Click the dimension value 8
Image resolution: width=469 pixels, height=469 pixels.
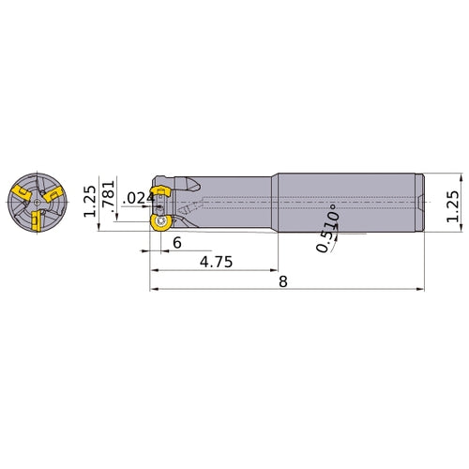(x=282, y=282)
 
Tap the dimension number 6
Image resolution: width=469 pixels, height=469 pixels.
(x=176, y=242)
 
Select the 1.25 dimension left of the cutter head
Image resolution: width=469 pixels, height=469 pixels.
(x=90, y=198)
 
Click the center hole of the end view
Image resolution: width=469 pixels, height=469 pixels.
(x=35, y=200)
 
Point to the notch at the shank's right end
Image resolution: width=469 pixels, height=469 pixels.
(x=421, y=200)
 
